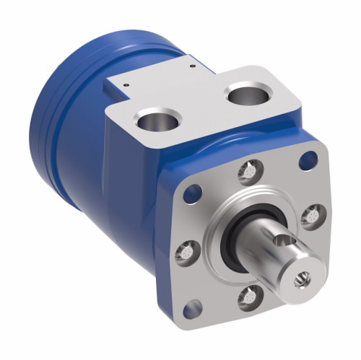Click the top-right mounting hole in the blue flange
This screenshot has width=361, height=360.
pos(311,159)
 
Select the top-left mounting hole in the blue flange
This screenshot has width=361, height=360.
pos(193,192)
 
